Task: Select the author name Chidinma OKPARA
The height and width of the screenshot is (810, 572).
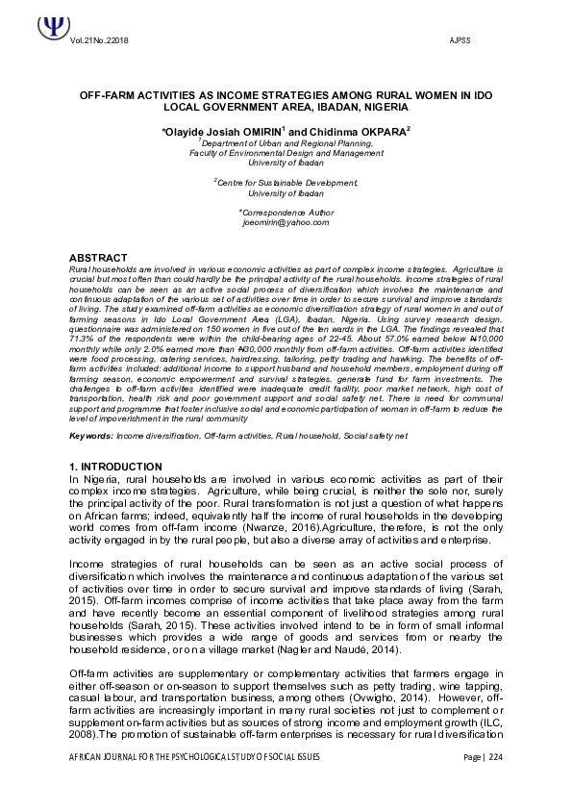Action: coord(361,130)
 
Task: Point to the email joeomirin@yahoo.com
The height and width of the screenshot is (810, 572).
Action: coord(286,221)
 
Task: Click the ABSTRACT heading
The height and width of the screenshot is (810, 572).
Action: coord(99,258)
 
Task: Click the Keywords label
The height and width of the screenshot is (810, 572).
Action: coord(91,436)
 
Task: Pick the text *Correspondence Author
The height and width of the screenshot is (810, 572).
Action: coord(286,211)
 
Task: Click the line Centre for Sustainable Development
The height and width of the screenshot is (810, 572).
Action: coord(286,181)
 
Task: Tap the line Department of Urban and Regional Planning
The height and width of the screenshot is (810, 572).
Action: coord(286,141)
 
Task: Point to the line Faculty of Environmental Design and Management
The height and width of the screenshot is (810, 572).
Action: coord(286,152)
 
